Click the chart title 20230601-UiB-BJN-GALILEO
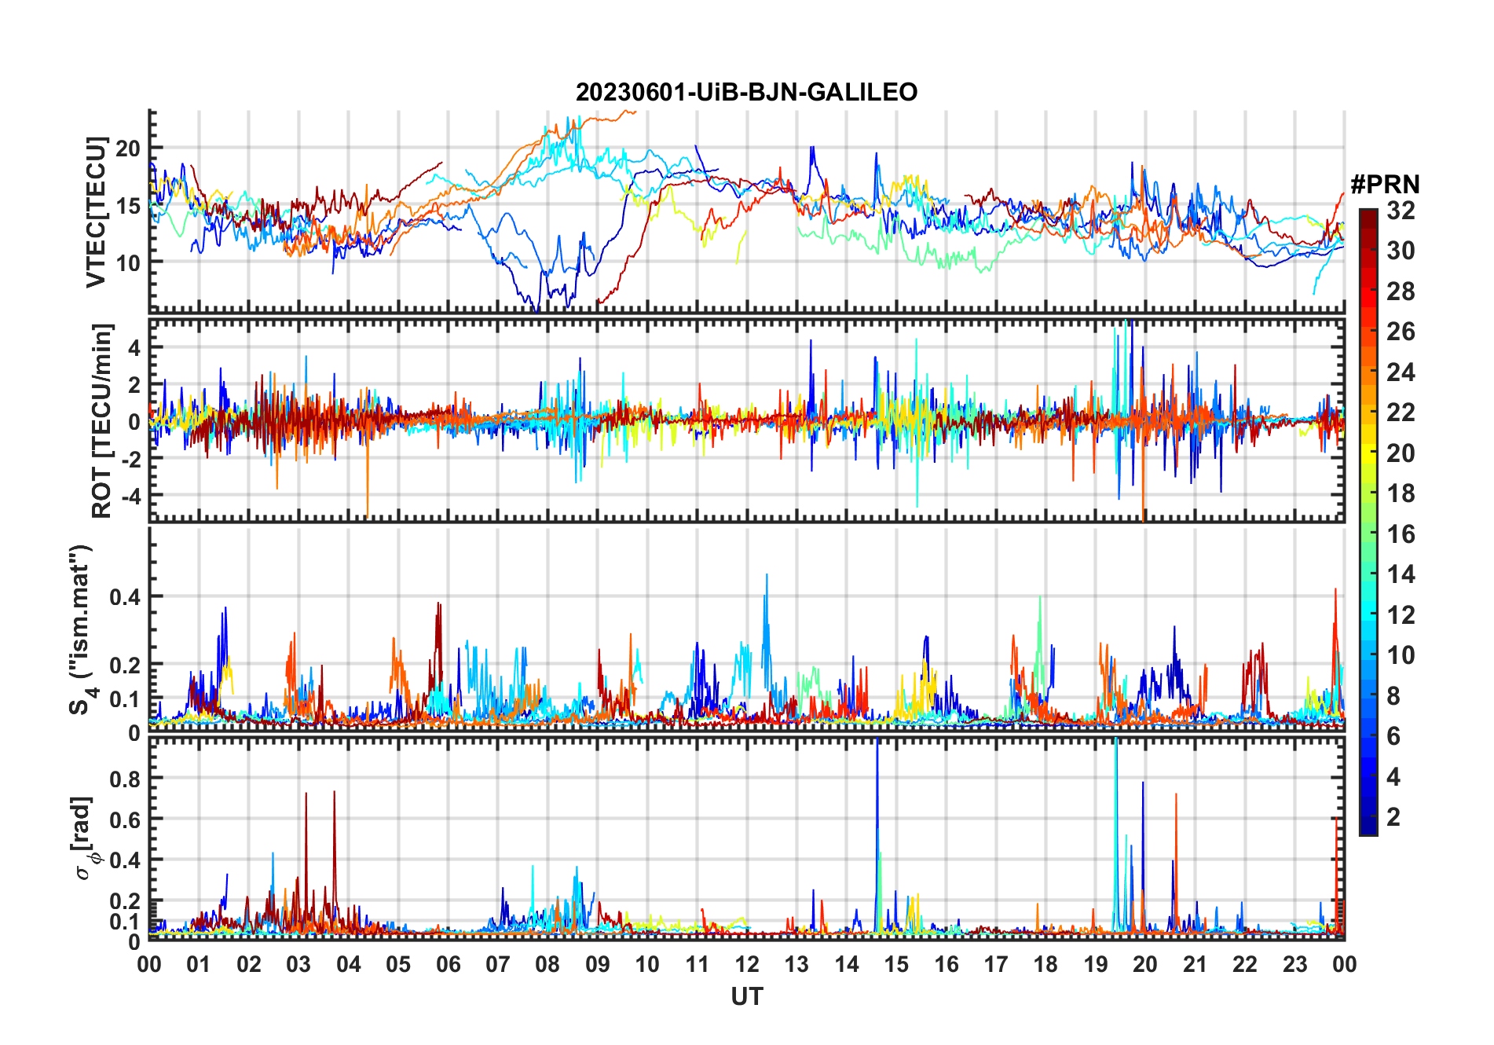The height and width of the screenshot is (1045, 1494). tap(746, 93)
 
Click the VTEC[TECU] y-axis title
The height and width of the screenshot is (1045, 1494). tap(96, 212)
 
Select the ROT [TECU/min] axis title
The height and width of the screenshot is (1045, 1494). tap(101, 420)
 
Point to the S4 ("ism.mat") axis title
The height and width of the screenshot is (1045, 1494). tap(81, 629)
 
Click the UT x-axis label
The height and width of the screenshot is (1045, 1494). tap(746, 997)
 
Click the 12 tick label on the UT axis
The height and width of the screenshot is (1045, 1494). tap(747, 965)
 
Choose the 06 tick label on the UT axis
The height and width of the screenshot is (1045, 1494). tap(449, 965)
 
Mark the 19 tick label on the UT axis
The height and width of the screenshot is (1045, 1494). tap(1096, 965)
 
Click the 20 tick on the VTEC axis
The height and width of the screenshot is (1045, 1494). tap(128, 148)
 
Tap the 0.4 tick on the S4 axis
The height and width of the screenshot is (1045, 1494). tap(124, 596)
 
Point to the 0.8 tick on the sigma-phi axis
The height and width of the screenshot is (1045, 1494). tap(124, 779)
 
